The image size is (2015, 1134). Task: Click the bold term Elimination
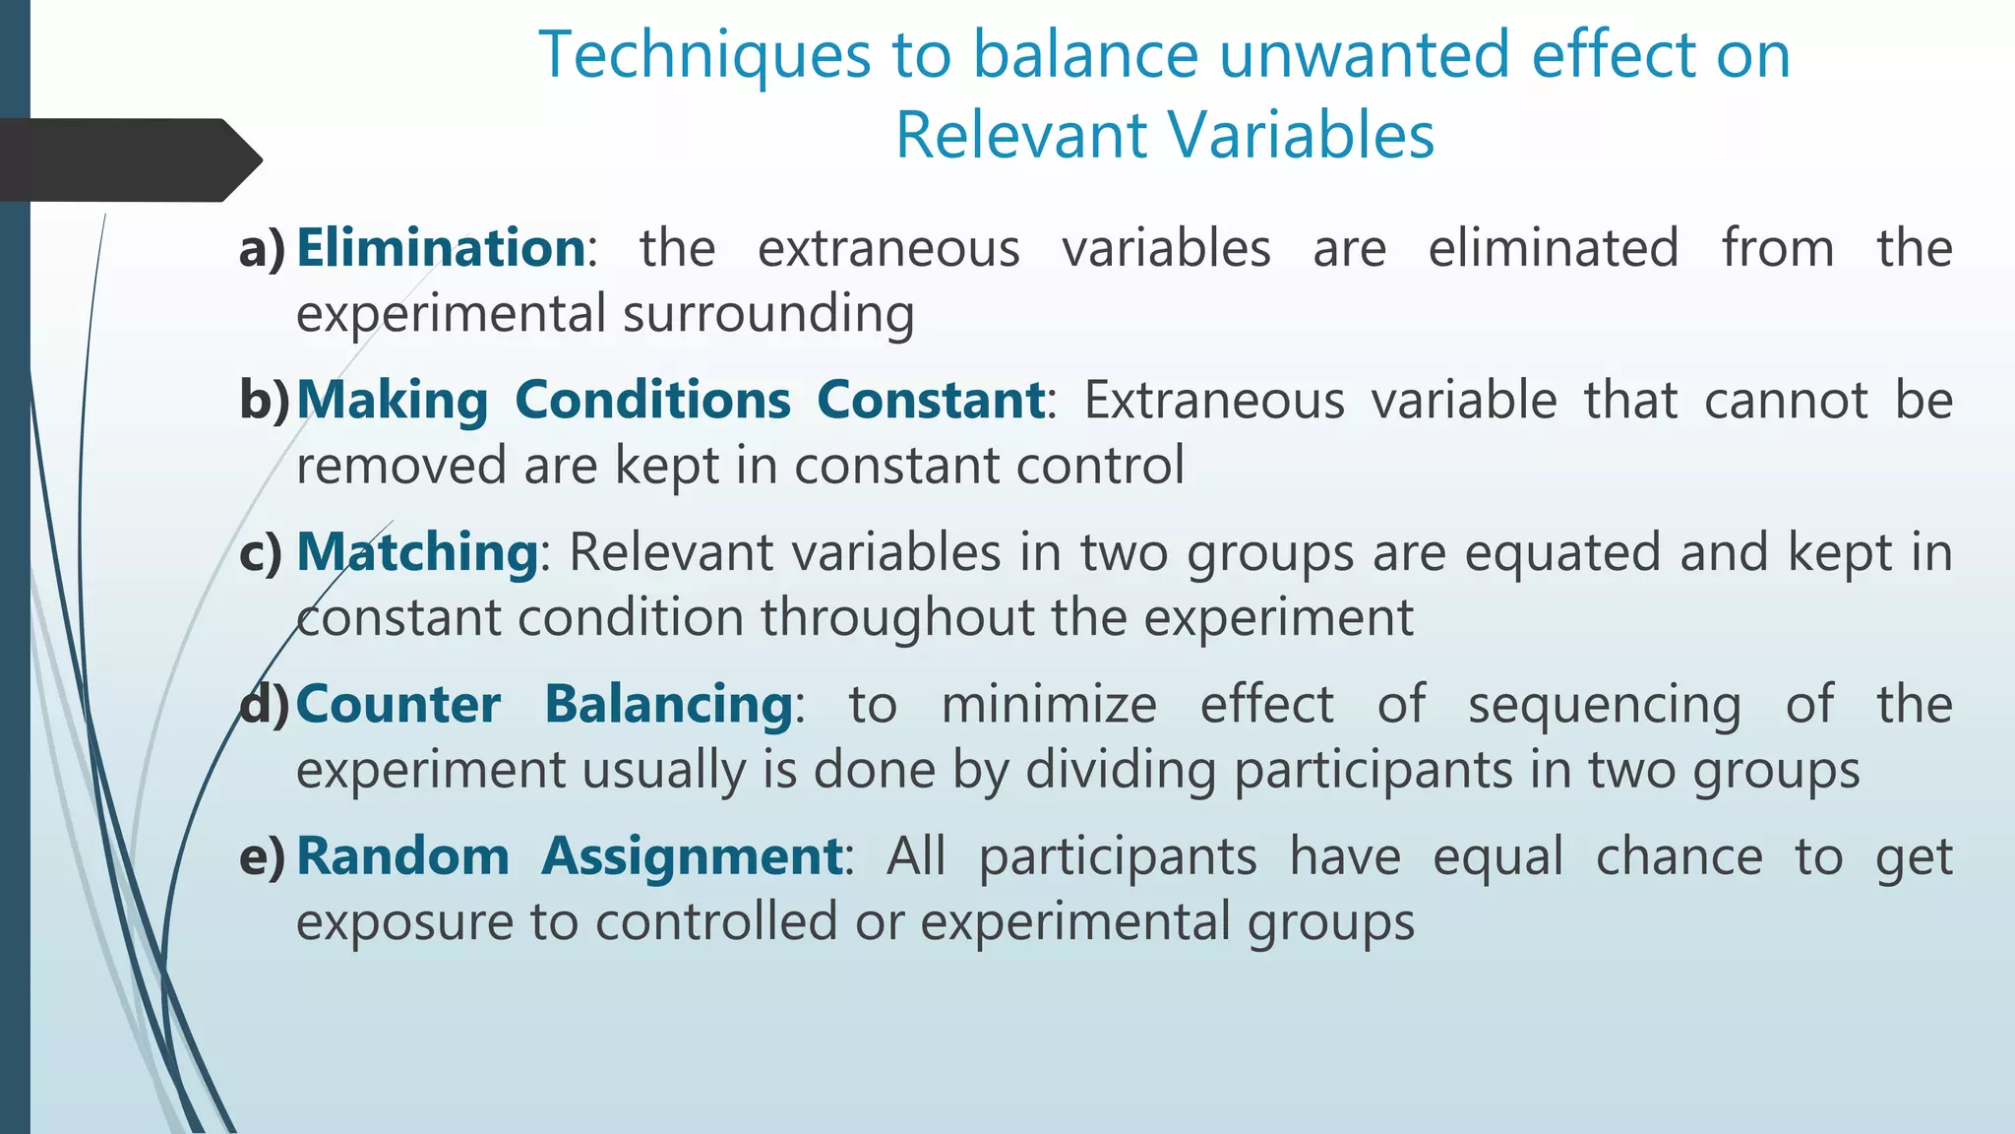click(x=441, y=247)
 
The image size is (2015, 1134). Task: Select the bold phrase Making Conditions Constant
click(x=670, y=400)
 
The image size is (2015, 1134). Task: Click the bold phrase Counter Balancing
click(x=544, y=704)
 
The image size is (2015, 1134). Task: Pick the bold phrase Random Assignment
click(x=569, y=855)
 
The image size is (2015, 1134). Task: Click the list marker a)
click(x=262, y=248)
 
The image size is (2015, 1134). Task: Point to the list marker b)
click(x=264, y=400)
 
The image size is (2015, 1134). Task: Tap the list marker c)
click(x=261, y=552)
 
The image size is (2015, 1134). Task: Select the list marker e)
click(x=262, y=856)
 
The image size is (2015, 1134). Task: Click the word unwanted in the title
click(x=1364, y=55)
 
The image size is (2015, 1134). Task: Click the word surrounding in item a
click(x=768, y=314)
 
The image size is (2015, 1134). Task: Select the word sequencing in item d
click(x=1604, y=705)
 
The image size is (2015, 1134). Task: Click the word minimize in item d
click(x=1049, y=705)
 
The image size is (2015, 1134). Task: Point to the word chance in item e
click(x=1679, y=856)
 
